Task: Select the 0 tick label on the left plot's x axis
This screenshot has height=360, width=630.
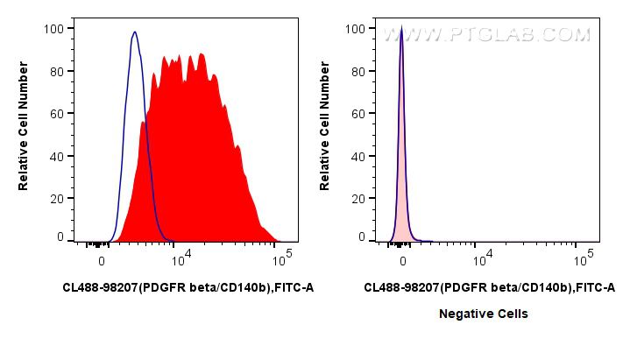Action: pyautogui.click(x=103, y=261)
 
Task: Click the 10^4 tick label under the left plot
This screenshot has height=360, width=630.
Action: pyautogui.click(x=180, y=259)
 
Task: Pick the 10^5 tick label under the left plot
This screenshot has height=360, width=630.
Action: pyautogui.click(x=281, y=259)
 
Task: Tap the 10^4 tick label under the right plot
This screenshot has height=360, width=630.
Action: pyautogui.click(x=481, y=259)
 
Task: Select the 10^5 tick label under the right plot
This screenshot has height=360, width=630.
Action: pyautogui.click(x=583, y=259)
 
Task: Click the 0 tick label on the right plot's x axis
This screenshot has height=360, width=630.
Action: pyautogui.click(x=403, y=261)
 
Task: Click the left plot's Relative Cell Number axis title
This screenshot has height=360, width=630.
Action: pyautogui.click(x=24, y=132)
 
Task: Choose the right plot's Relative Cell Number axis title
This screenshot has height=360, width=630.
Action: pyautogui.click(x=325, y=132)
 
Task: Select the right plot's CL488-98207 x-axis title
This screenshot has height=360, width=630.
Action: pyautogui.click(x=489, y=287)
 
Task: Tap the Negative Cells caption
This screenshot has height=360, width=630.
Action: pyautogui.click(x=483, y=314)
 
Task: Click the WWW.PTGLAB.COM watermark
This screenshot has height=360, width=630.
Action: pyautogui.click(x=487, y=34)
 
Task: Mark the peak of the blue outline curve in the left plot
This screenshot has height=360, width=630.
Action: pyautogui.click(x=134, y=32)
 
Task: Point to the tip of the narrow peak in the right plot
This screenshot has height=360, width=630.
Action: pyautogui.click(x=401, y=29)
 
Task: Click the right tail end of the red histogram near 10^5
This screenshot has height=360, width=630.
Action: pyautogui.click(x=277, y=240)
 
